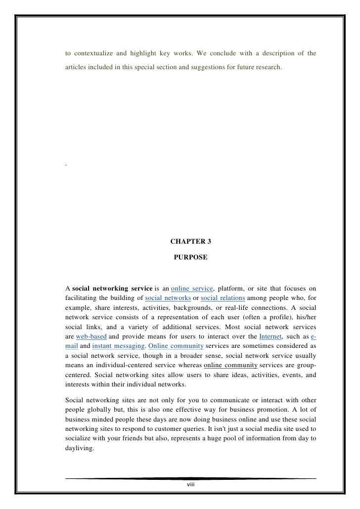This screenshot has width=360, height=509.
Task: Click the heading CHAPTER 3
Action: [190, 242]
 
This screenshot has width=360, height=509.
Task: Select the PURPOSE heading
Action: [190, 258]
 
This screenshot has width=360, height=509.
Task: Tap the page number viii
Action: [190, 485]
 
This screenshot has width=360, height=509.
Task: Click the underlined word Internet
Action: [270, 333]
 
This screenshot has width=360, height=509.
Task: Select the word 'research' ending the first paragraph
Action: [268, 66]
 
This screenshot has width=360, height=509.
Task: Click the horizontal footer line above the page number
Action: [190, 478]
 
